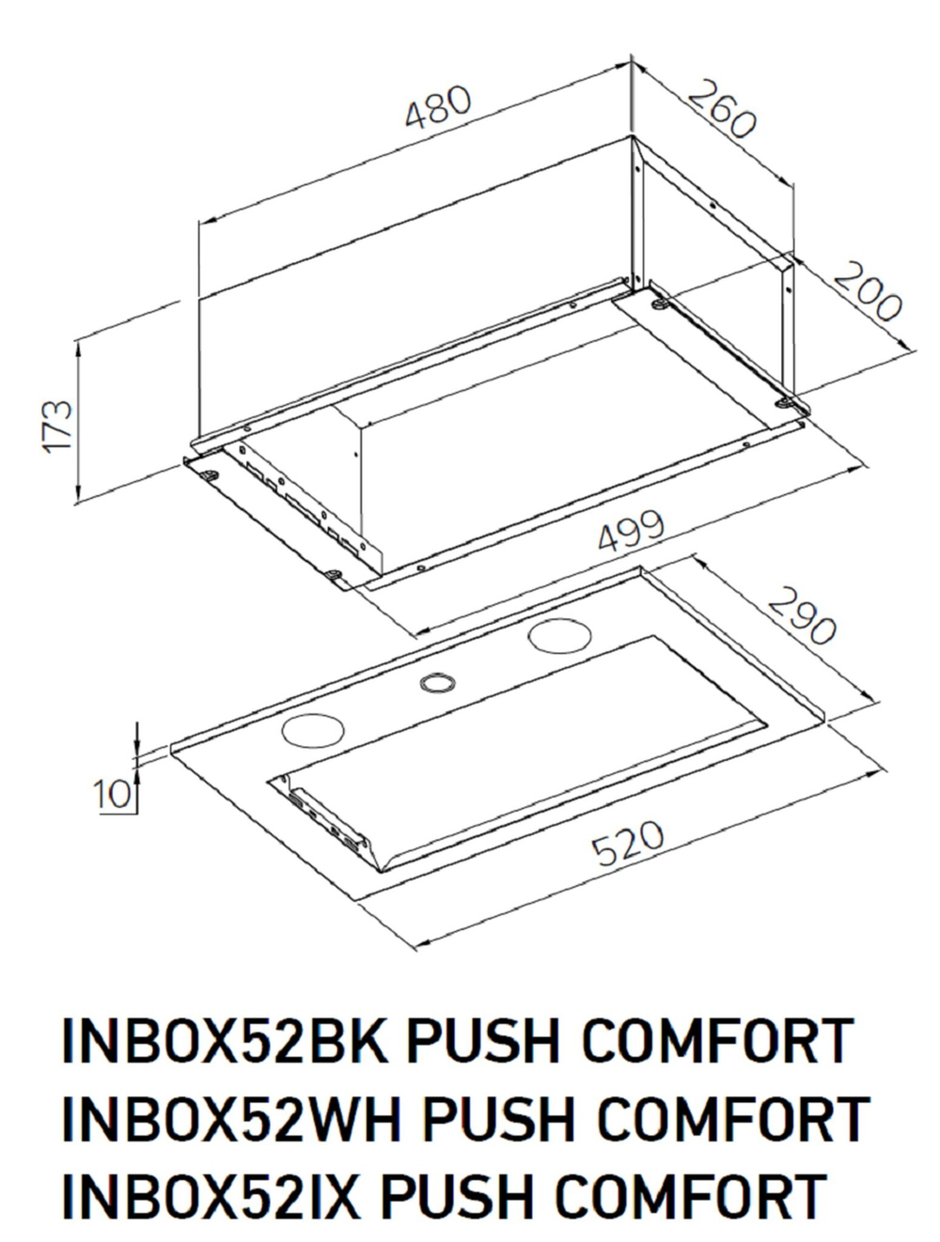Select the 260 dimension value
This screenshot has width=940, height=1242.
point(721,110)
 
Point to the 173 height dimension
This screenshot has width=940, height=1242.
point(58,426)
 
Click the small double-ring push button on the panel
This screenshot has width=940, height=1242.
point(436,683)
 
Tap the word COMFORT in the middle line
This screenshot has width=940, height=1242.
point(732,1118)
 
